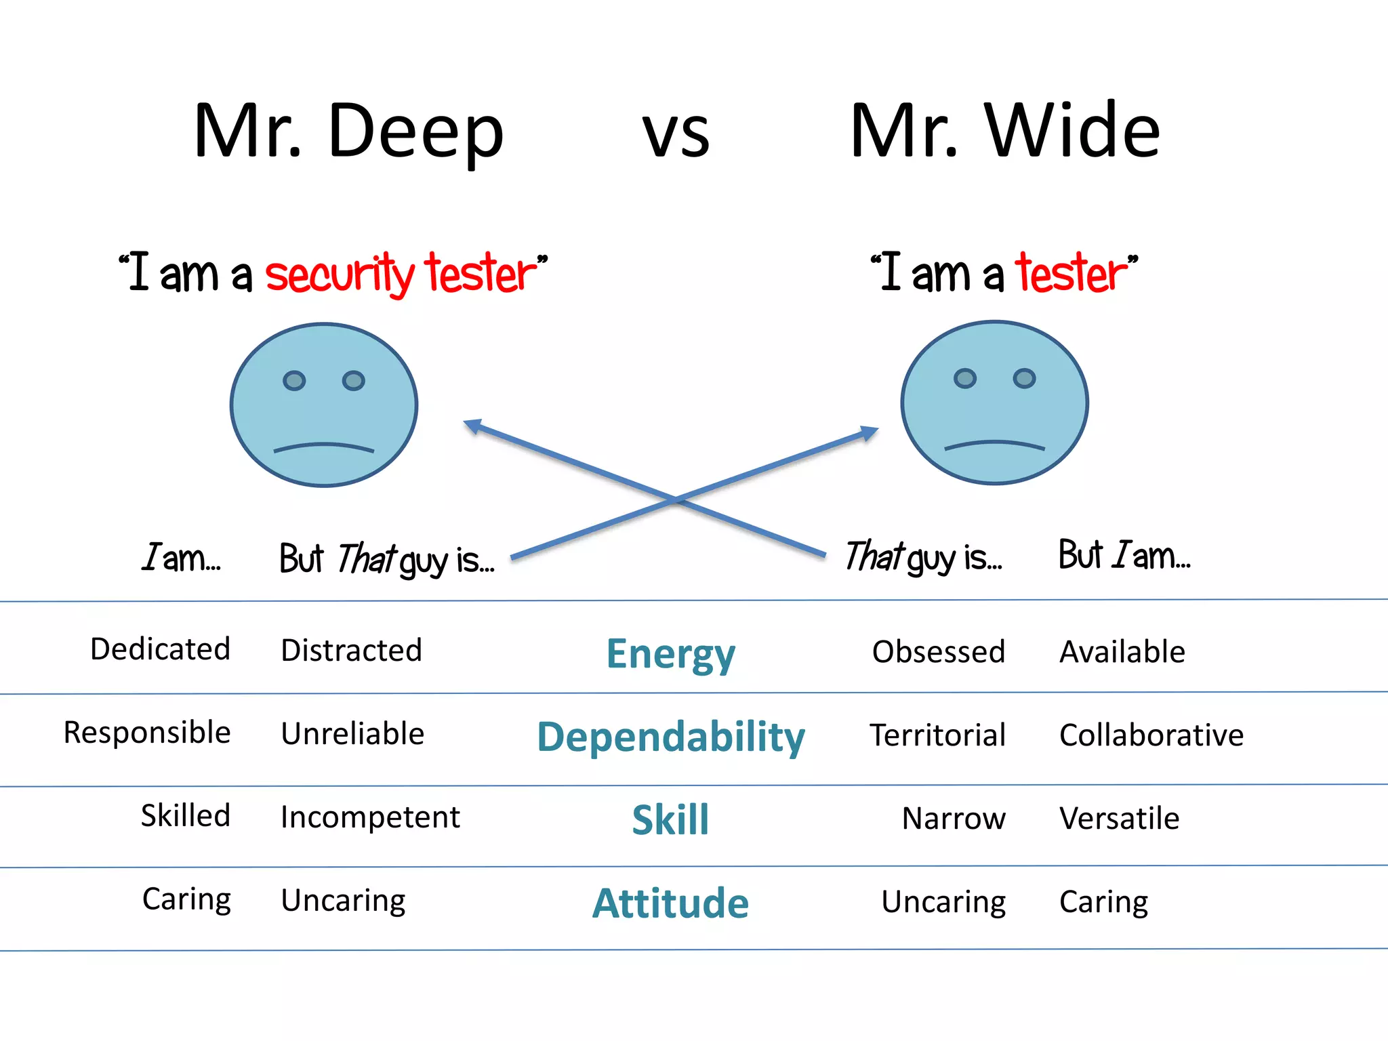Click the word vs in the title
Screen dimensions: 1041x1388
point(676,134)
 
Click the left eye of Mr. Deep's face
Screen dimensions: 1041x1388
point(294,381)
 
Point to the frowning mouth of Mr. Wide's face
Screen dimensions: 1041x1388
point(994,445)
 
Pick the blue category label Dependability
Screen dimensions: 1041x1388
point(670,737)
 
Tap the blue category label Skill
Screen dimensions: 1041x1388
point(670,819)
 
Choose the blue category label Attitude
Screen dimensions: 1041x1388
point(670,903)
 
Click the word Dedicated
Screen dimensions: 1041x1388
point(161,649)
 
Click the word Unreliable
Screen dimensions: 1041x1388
point(352,734)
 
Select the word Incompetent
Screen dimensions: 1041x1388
point(370,817)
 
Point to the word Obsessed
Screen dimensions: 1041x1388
point(938,652)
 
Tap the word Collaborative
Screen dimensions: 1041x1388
point(1151,735)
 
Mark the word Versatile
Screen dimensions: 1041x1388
point(1119,819)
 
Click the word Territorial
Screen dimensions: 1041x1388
point(938,735)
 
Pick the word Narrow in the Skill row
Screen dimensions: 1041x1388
point(954,819)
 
